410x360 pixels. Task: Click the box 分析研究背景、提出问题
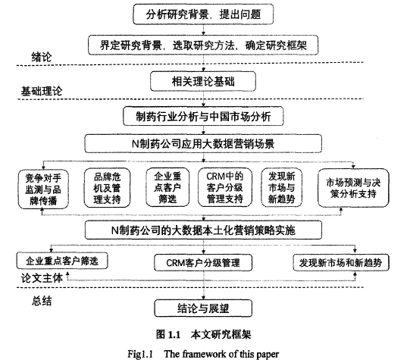[203, 14]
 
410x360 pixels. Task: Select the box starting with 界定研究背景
[203, 45]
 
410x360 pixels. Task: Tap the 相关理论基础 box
[203, 82]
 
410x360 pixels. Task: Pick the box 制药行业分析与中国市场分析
[203, 116]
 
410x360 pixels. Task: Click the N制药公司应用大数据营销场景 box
[203, 143]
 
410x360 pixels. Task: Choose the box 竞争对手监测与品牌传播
[43, 189]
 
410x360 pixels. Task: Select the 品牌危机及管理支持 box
[107, 188]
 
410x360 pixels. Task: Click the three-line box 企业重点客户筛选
[167, 187]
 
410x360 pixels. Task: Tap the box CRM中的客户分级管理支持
[225, 187]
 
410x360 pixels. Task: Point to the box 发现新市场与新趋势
[282, 187]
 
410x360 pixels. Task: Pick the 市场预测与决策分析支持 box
[353, 188]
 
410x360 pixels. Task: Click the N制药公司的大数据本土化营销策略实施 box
[203, 230]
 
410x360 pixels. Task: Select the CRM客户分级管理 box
[203, 262]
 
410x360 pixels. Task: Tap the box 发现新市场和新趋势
[341, 262]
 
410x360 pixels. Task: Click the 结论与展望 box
[203, 308]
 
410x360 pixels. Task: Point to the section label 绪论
[42, 57]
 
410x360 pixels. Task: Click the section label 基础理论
[42, 91]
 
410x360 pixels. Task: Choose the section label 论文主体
[42, 278]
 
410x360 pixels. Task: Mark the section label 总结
[42, 301]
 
